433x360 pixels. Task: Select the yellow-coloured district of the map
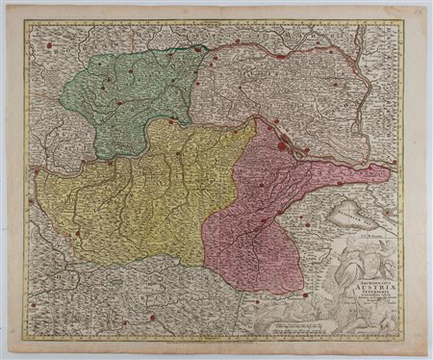(144, 193)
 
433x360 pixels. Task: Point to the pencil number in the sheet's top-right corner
(417, 11)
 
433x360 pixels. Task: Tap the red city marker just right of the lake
(387, 212)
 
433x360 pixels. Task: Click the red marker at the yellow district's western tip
(36, 170)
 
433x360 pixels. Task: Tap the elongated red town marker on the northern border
(280, 56)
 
